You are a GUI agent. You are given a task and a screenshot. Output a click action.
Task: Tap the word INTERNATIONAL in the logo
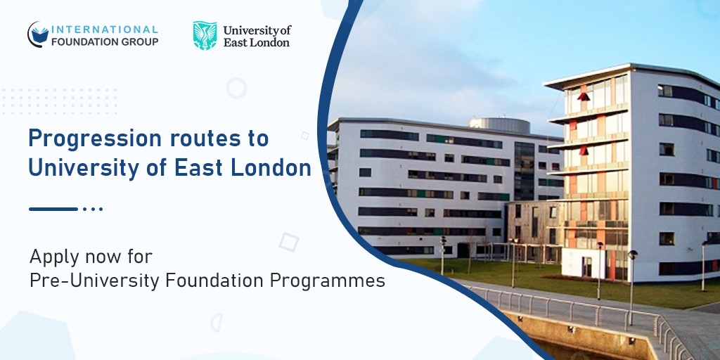point(105,30)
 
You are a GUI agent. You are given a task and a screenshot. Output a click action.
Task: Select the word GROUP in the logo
point(139,41)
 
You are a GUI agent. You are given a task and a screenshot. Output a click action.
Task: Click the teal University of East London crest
point(205,35)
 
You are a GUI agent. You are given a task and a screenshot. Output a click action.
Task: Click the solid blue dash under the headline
point(53,209)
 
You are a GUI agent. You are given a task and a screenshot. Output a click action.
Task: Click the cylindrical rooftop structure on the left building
point(499,125)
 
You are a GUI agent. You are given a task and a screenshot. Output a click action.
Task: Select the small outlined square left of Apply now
point(288,242)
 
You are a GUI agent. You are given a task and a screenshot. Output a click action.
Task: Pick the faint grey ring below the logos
point(237,88)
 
